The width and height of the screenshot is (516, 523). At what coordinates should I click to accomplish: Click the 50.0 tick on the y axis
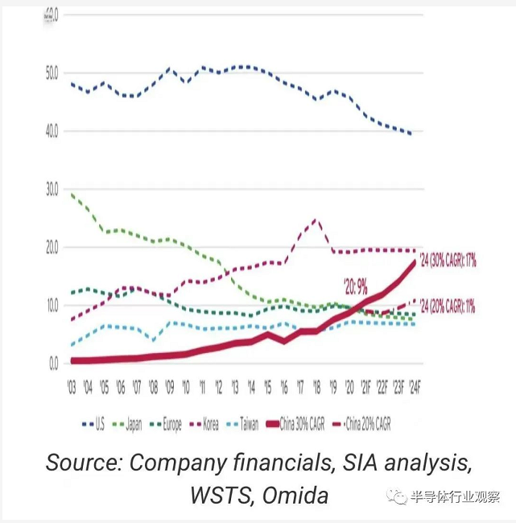click(51, 73)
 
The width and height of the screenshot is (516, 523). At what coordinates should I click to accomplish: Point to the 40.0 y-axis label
click(51, 131)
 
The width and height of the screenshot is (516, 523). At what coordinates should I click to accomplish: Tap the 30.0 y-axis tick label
click(51, 189)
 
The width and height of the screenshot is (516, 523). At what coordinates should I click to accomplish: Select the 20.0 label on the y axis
click(51, 247)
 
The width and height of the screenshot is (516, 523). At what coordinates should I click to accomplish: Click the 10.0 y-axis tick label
click(51, 305)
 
